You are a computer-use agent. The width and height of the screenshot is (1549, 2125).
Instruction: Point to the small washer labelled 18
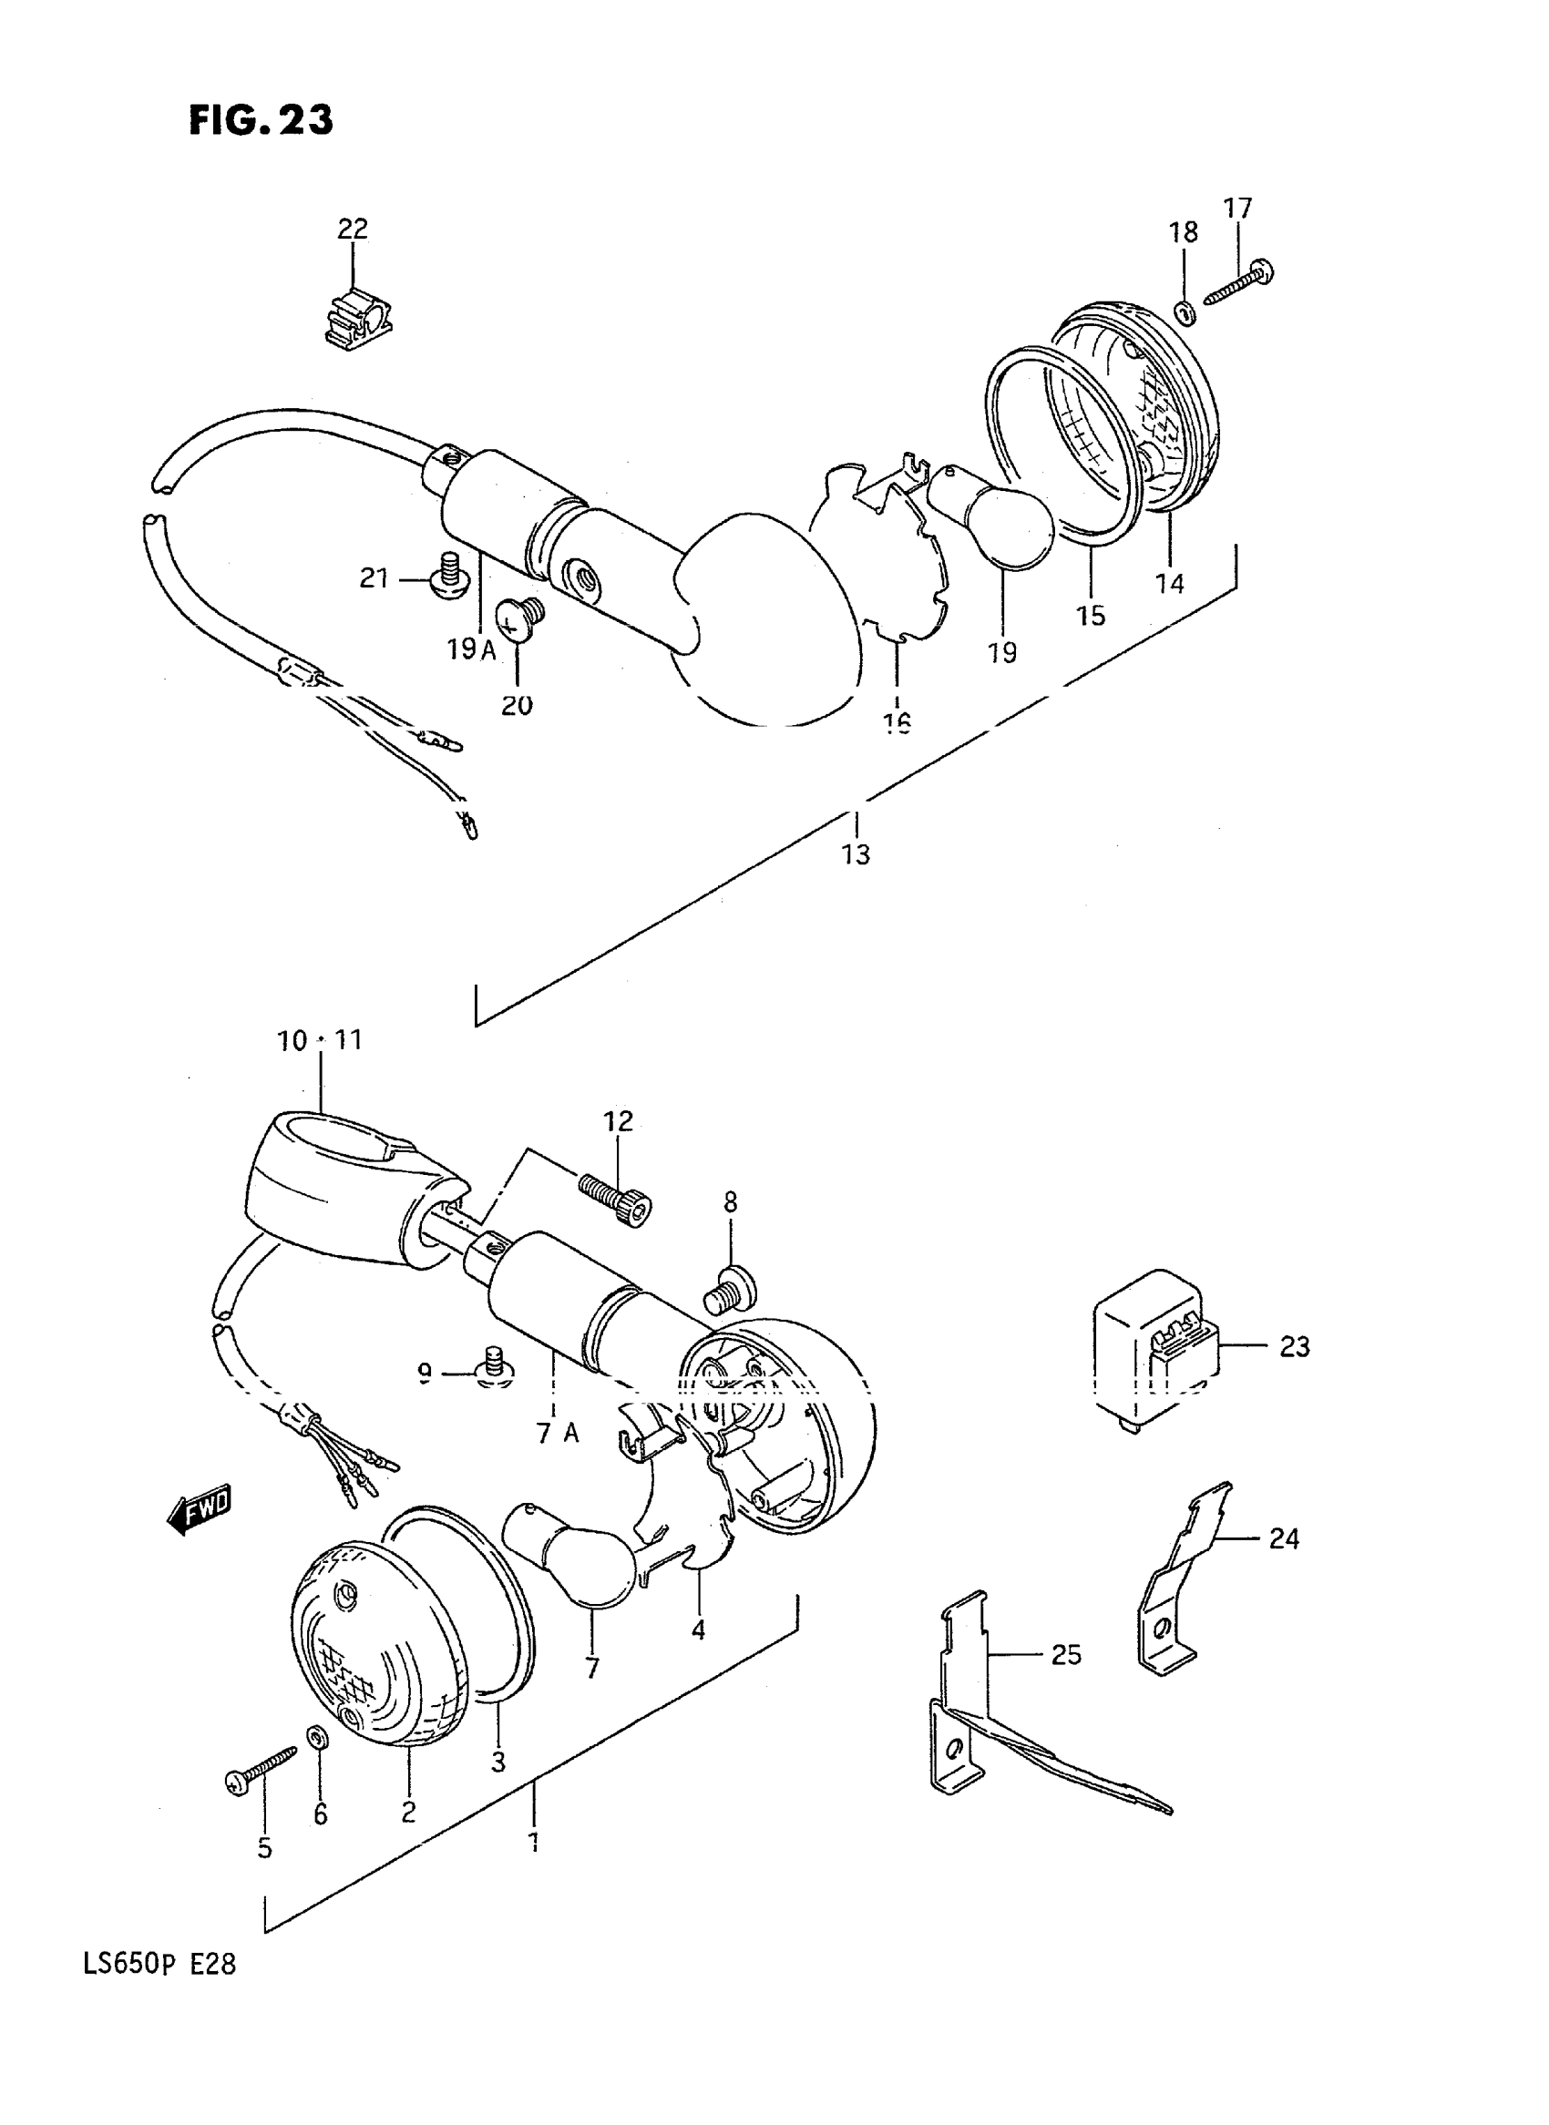point(1184,312)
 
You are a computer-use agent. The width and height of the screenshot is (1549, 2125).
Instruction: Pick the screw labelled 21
point(450,578)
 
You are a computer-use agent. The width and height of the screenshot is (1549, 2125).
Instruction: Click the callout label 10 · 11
point(319,1040)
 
